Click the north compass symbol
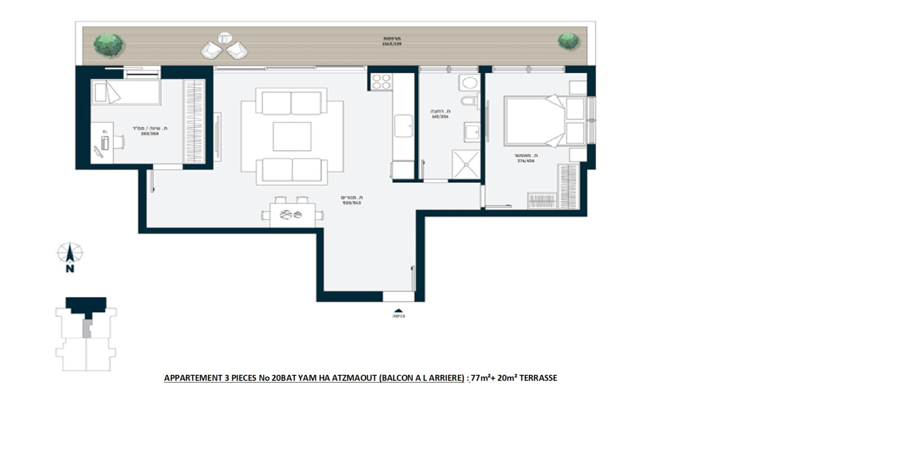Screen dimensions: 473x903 pyautogui.click(x=69, y=254)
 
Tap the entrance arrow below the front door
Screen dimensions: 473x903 pyautogui.click(x=398, y=310)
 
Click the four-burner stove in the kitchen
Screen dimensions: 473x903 pyautogui.click(x=381, y=82)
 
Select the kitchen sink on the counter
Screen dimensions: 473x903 pyautogui.click(x=403, y=125)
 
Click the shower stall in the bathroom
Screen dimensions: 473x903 pyautogui.click(x=466, y=164)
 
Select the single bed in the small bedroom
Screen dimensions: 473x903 pyautogui.click(x=125, y=92)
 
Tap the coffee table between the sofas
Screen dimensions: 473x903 pyautogui.click(x=292, y=137)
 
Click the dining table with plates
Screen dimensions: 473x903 pyautogui.click(x=292, y=214)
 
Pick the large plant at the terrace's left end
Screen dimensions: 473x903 pyautogui.click(x=108, y=45)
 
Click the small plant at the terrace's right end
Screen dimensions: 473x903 pyautogui.click(x=568, y=41)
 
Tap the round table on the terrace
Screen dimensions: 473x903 pyautogui.click(x=225, y=38)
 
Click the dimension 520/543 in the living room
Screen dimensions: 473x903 pyautogui.click(x=352, y=203)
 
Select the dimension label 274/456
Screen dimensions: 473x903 pyautogui.click(x=525, y=161)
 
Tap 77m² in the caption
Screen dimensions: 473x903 pyautogui.click(x=480, y=378)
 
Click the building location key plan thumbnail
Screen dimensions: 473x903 pyautogui.click(x=86, y=334)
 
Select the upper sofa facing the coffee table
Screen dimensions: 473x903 pyautogui.click(x=291, y=103)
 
